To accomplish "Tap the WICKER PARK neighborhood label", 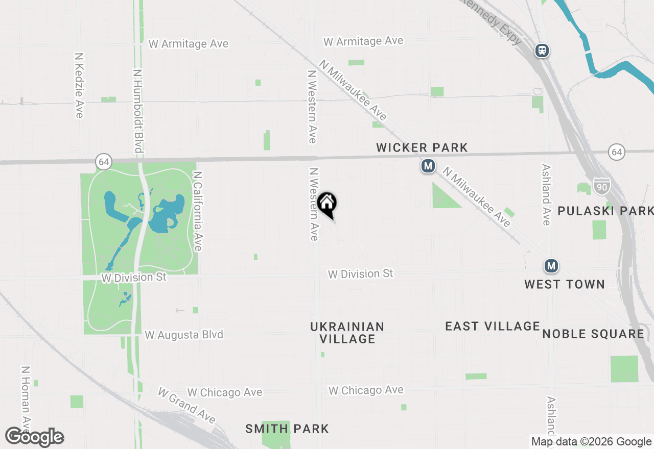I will coord(422,148).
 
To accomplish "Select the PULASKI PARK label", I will coord(605,211).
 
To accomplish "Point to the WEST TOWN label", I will coord(564,284).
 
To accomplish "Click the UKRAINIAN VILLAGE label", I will coord(347,332).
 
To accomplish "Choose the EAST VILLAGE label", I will coord(492,327).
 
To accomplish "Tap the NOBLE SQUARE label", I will coord(593,334).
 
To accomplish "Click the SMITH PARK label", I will coord(287,429).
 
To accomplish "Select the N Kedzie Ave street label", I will coord(79,85).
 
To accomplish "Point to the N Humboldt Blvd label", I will coord(137,111).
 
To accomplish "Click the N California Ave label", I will coord(198,210).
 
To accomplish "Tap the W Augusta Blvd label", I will coord(184,335).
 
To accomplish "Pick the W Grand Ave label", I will coord(186,406).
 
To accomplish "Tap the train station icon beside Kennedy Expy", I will coord(542,51).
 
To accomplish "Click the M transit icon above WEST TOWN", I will coord(551,266).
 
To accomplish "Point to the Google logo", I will coord(35,437).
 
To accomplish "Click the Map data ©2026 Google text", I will coord(591,442).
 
